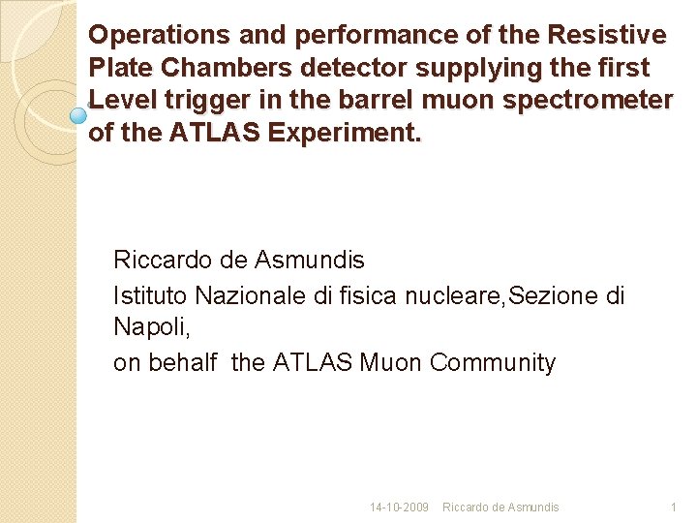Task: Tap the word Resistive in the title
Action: tap(607, 36)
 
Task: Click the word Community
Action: tap(493, 363)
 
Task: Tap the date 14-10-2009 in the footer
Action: tap(399, 508)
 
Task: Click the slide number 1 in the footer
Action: tap(674, 508)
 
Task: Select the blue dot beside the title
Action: tap(79, 115)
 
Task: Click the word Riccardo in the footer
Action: tap(465, 508)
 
